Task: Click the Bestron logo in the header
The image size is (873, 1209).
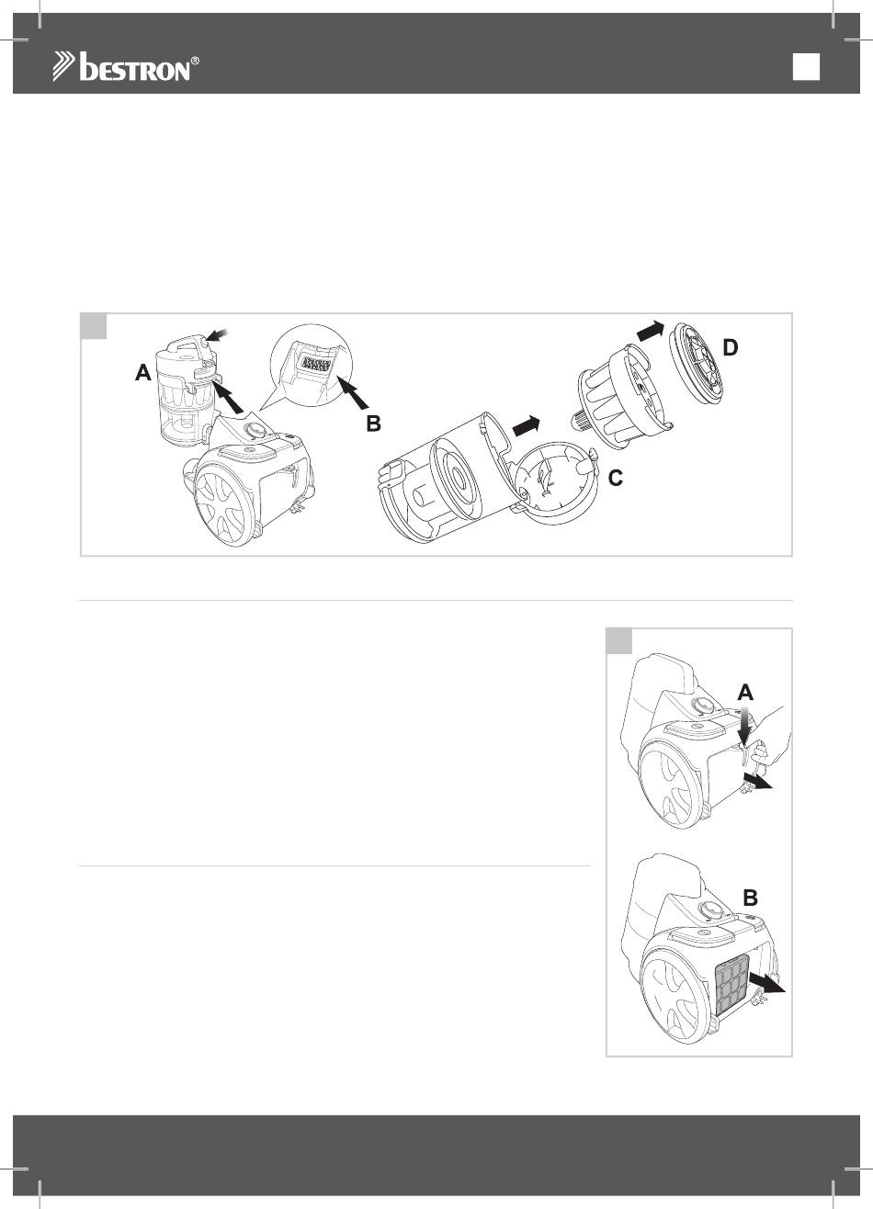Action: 125,66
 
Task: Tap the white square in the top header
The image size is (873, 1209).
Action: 806,67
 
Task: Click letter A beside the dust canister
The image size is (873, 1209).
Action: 143,372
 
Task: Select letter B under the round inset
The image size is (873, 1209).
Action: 374,424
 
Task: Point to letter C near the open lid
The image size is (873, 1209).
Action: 616,478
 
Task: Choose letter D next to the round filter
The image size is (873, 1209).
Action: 730,347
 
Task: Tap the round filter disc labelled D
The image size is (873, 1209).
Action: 697,363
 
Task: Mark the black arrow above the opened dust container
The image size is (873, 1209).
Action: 526,426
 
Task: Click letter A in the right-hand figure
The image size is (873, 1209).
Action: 745,693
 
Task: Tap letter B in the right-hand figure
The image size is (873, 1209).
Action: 751,898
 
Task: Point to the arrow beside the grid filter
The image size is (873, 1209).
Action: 767,982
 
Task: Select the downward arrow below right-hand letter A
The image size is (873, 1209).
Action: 745,726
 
